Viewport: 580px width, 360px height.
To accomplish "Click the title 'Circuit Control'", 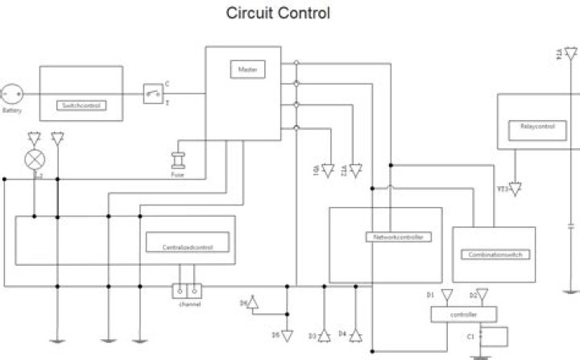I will (x=278, y=14).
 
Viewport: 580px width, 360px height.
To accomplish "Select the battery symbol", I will (x=12, y=93).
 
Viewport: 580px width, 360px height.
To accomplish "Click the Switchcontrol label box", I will (x=82, y=106).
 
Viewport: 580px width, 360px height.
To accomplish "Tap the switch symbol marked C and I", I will (x=153, y=93).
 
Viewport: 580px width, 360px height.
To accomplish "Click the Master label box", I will (x=246, y=70).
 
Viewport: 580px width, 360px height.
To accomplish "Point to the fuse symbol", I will (x=178, y=161).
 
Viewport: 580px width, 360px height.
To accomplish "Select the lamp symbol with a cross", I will (x=34, y=159).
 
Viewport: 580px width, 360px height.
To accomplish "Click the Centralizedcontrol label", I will (x=187, y=242).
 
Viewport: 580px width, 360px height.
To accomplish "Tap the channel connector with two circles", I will (x=186, y=291).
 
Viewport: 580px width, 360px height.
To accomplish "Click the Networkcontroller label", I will (x=398, y=238).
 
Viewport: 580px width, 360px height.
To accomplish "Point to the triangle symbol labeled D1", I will (x=447, y=296).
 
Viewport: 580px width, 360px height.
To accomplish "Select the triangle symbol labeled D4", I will (x=355, y=333).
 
